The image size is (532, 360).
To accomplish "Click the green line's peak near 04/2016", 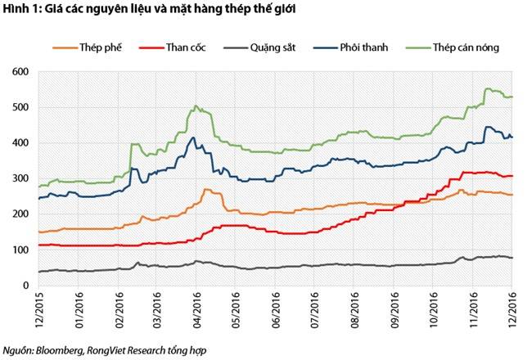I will (196, 106).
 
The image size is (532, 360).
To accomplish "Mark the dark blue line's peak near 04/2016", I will (193, 137).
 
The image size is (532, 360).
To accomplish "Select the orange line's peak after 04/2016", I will (207, 189).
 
